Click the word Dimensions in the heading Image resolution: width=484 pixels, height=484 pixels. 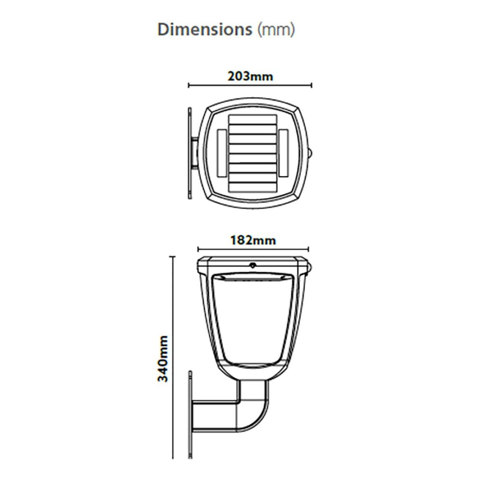[x=205, y=30]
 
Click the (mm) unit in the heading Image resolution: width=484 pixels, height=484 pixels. [x=276, y=30]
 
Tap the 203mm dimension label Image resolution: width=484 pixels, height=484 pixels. [x=250, y=76]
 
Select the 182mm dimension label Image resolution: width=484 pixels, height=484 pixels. [x=253, y=240]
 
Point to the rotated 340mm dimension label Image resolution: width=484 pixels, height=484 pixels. [x=163, y=359]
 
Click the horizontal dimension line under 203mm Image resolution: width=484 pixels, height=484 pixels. [x=250, y=85]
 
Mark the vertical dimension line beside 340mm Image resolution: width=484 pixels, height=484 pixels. [x=173, y=357]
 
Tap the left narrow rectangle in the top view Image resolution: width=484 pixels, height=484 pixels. [x=222, y=153]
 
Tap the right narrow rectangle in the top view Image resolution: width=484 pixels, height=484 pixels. [x=283, y=153]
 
